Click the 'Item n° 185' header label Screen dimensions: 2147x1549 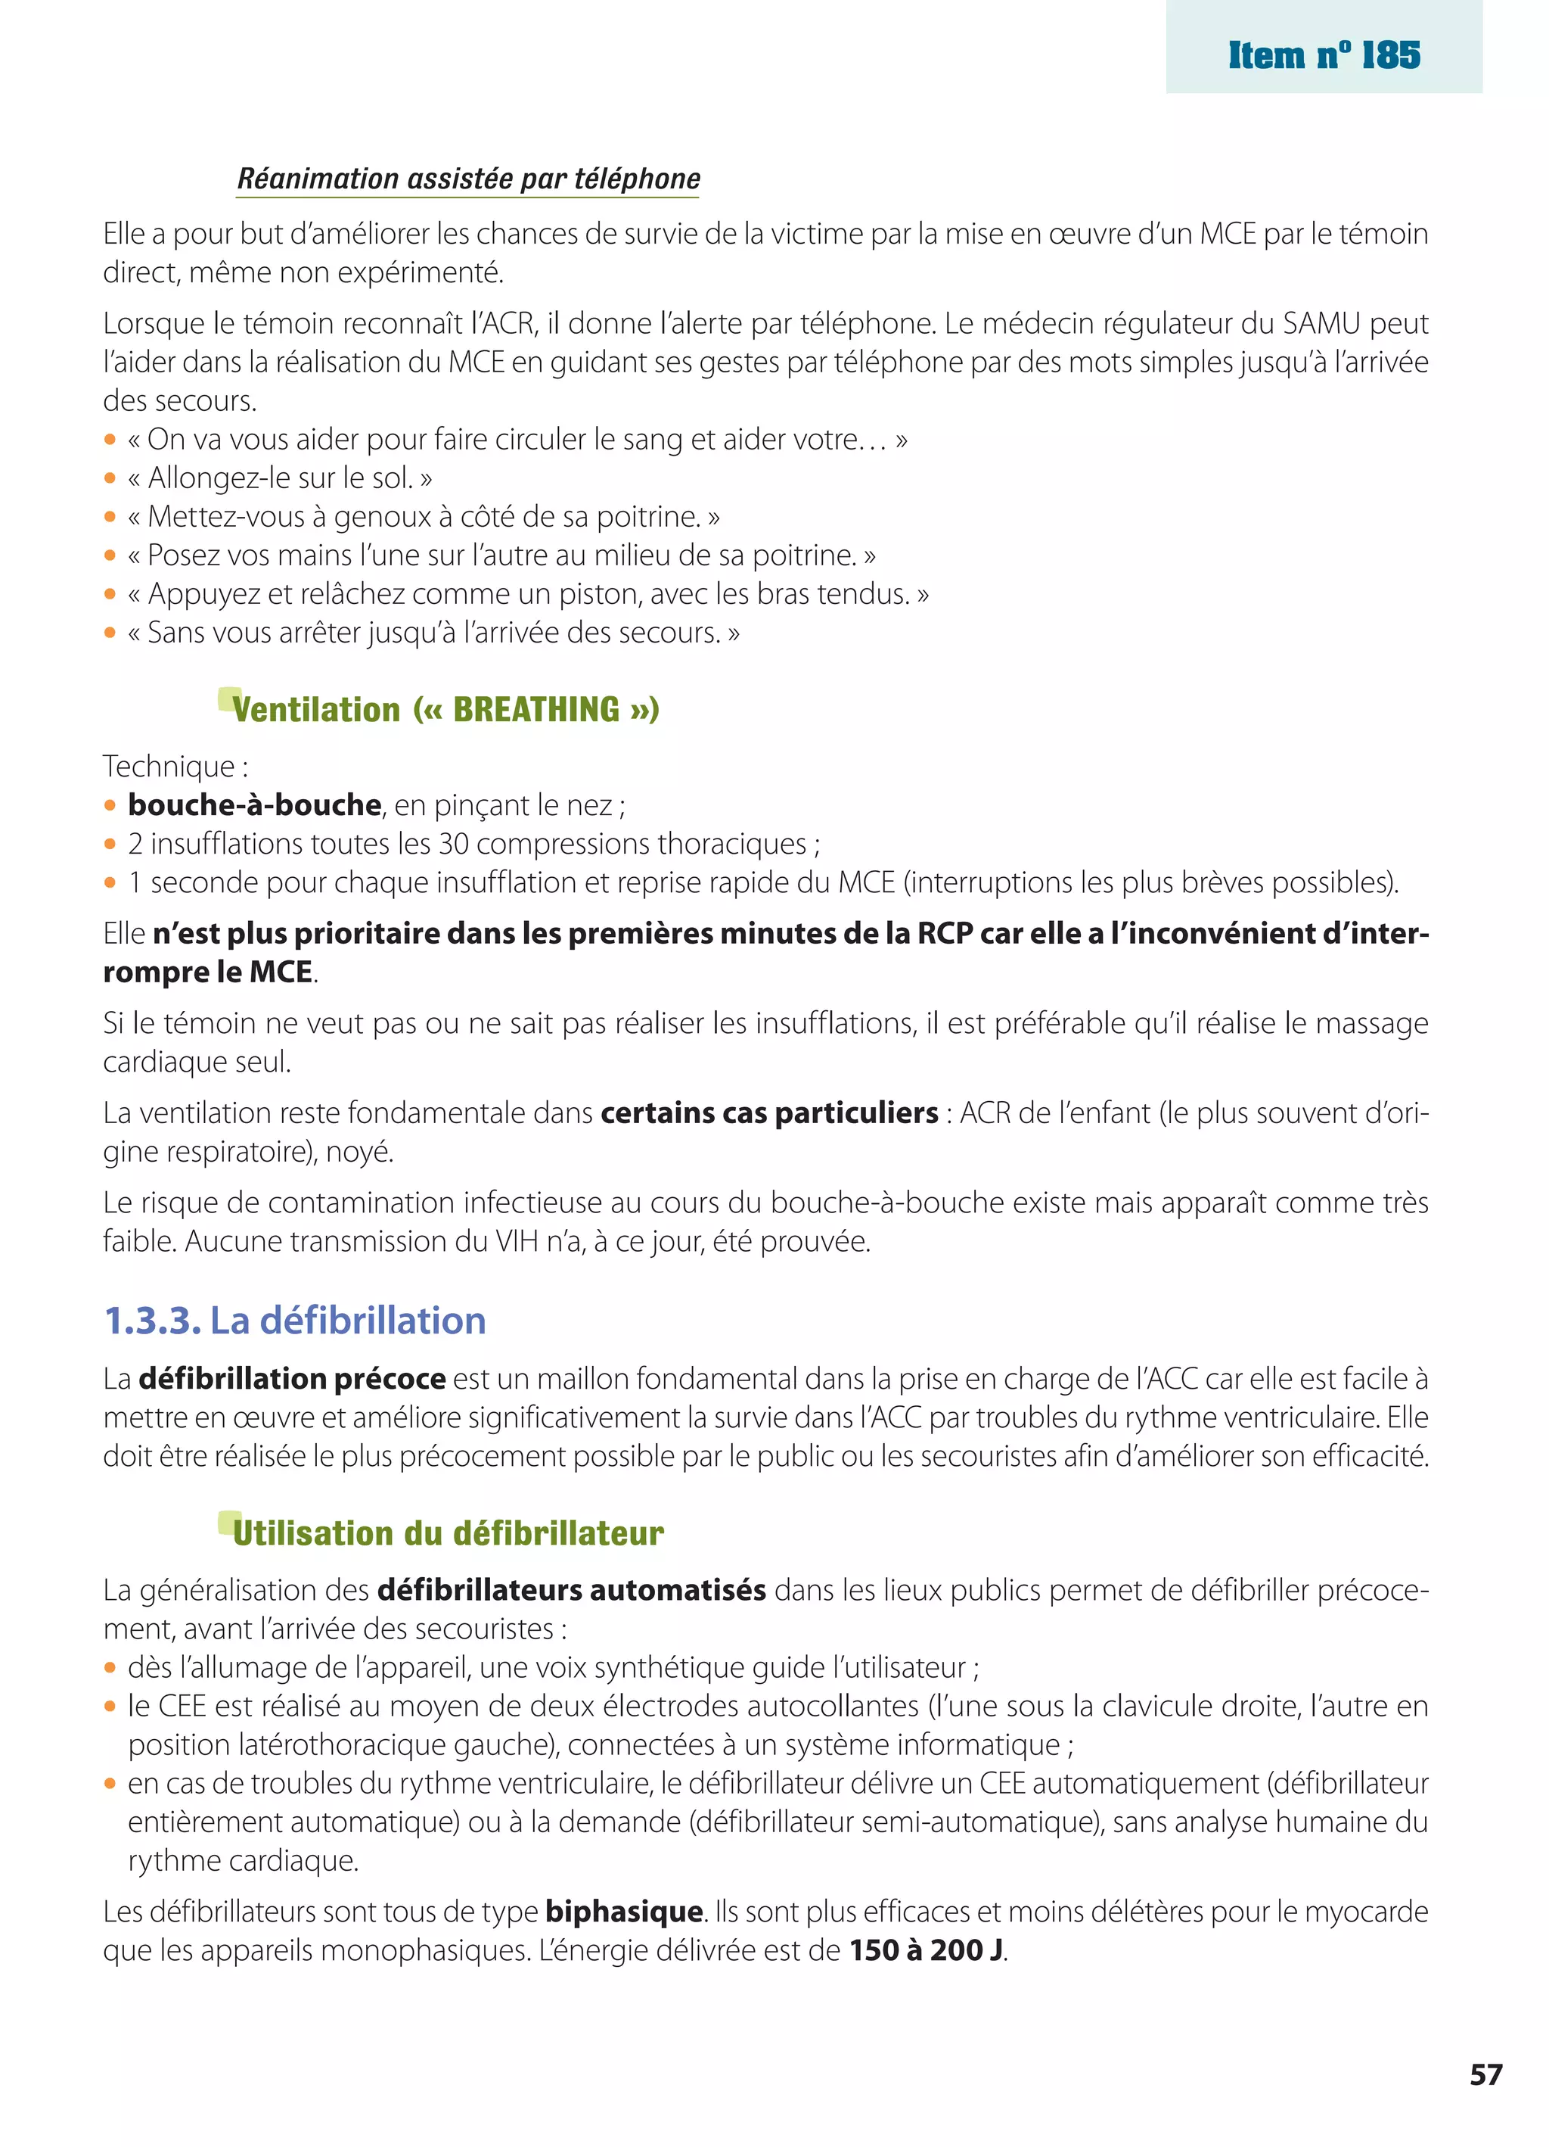1324,55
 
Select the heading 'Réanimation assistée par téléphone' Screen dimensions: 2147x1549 468,178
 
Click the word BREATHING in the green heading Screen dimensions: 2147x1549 536,709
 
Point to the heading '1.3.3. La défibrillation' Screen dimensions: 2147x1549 294,1320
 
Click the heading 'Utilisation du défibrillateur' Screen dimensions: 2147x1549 448,1532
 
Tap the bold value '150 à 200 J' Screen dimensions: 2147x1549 927,1950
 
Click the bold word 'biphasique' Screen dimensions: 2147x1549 623,1912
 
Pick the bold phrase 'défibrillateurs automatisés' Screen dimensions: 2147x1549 572,1589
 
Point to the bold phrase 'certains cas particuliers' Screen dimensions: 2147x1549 768,1112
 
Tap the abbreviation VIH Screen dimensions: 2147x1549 516,1241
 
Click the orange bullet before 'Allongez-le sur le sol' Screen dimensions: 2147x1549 110,479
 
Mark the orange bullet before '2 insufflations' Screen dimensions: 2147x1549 110,845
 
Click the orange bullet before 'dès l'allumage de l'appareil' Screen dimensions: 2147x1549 110,1668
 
